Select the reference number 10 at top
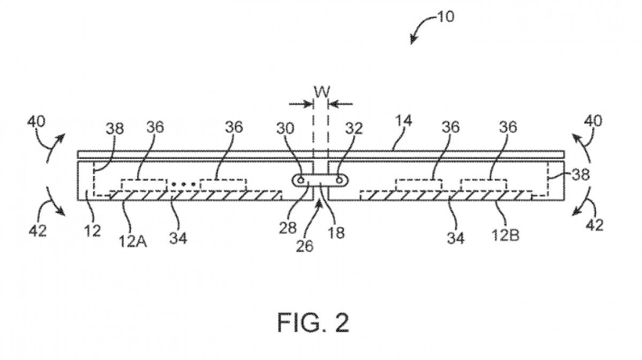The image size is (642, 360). [445, 17]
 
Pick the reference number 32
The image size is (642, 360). [354, 128]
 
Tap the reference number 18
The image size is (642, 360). [337, 233]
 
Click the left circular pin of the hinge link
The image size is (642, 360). [302, 181]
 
